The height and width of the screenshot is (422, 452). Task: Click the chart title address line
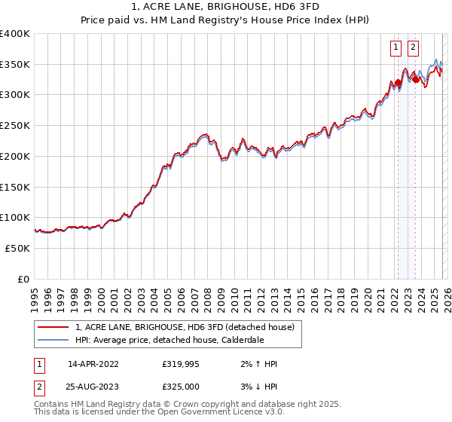coord(227,8)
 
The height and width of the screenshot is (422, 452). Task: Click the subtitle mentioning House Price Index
coord(227,21)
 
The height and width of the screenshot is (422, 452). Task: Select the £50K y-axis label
coord(17,248)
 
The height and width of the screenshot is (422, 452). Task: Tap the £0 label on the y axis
coord(23,279)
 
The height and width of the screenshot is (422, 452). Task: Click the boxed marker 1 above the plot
coord(396,47)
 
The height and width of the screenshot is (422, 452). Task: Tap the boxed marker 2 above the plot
coord(414,47)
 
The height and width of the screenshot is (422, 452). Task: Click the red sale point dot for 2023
coord(416,79)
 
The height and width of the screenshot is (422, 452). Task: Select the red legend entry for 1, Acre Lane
coord(188,327)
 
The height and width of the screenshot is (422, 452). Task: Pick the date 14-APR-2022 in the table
coord(93,364)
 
